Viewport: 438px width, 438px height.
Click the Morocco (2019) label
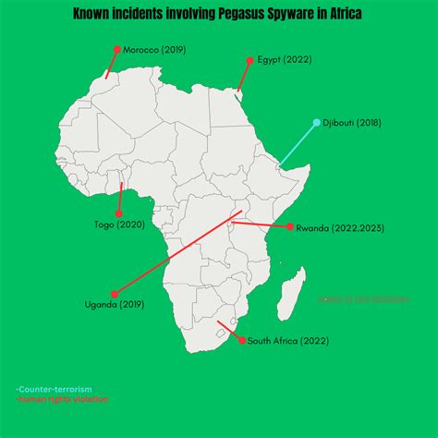pos(153,49)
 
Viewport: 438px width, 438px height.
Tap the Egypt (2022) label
pos(284,60)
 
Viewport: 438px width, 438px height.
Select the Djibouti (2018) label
pos(351,123)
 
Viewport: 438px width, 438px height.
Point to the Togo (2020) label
pos(119,224)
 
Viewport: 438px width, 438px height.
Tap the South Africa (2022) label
pos(287,341)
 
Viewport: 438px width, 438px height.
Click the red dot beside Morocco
pos(117,49)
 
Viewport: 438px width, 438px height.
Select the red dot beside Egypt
pos(249,60)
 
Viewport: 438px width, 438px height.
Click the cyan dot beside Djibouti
pos(316,123)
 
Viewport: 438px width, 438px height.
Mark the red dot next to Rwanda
pos(290,227)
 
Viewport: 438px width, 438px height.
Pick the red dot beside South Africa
pos(243,341)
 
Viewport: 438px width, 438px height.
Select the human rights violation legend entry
pos(63,399)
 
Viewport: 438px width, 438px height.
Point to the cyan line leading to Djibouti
pos(298,144)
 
